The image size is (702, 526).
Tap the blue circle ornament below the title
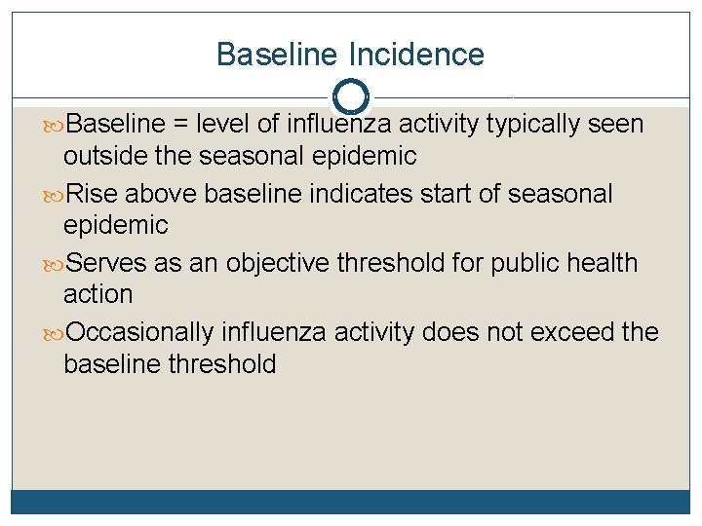(x=351, y=96)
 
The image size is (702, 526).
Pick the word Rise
(x=96, y=194)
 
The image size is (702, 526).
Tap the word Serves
(x=108, y=263)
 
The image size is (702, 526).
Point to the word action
(x=97, y=293)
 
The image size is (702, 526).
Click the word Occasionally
(x=140, y=332)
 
